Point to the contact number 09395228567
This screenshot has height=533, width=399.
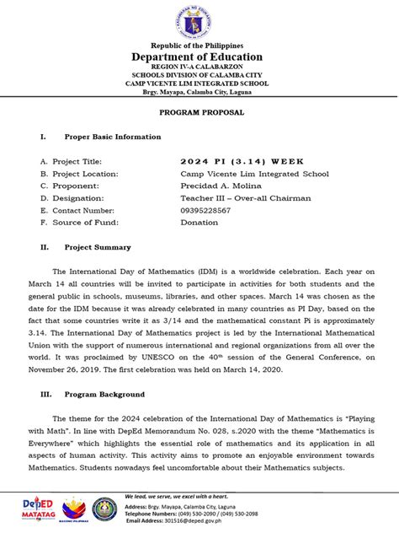tap(210, 211)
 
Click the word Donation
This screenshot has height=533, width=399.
tap(199, 223)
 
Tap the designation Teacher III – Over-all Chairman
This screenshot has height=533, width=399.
tap(245, 198)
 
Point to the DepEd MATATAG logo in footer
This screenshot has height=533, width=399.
tap(38, 510)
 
